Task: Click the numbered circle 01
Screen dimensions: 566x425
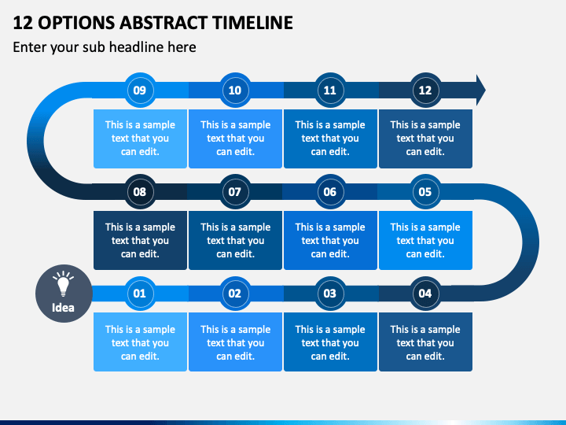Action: coord(140,293)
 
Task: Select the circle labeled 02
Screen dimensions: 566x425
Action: coord(235,293)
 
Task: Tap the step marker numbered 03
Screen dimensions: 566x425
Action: coord(330,293)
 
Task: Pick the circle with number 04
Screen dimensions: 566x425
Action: coord(425,293)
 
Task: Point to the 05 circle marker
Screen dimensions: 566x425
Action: coord(425,191)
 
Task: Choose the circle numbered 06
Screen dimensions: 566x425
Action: coord(330,191)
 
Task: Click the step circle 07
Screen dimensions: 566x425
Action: coord(235,191)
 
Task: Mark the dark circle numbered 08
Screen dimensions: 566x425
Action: coord(140,191)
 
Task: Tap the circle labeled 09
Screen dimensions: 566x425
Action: coord(140,90)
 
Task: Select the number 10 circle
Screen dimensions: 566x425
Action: coord(235,90)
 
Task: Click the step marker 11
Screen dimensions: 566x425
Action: coord(330,90)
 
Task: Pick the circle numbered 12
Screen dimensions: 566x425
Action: coord(425,90)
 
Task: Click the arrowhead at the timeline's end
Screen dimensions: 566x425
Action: coord(481,90)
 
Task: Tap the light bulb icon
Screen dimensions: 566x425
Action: coord(63,283)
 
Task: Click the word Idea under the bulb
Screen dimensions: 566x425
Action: coord(63,308)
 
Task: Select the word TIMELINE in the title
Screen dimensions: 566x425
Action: coord(252,22)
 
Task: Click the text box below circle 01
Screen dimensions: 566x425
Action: coord(140,342)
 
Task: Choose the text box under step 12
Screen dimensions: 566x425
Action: coord(425,139)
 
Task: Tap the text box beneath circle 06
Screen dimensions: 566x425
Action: coord(330,240)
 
